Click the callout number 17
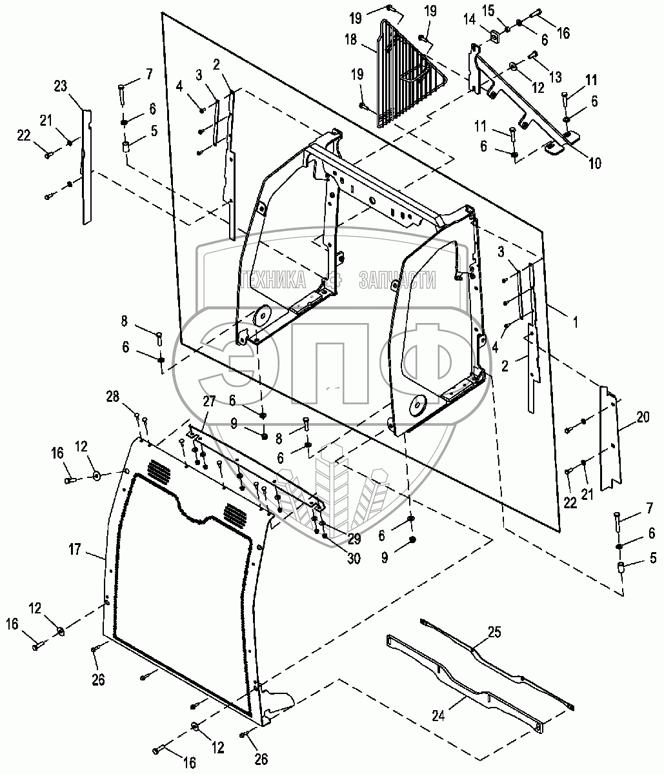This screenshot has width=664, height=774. (76, 550)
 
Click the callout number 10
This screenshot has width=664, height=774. (594, 163)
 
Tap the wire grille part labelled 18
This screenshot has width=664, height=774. (400, 74)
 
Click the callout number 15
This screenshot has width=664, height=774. (506, 11)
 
